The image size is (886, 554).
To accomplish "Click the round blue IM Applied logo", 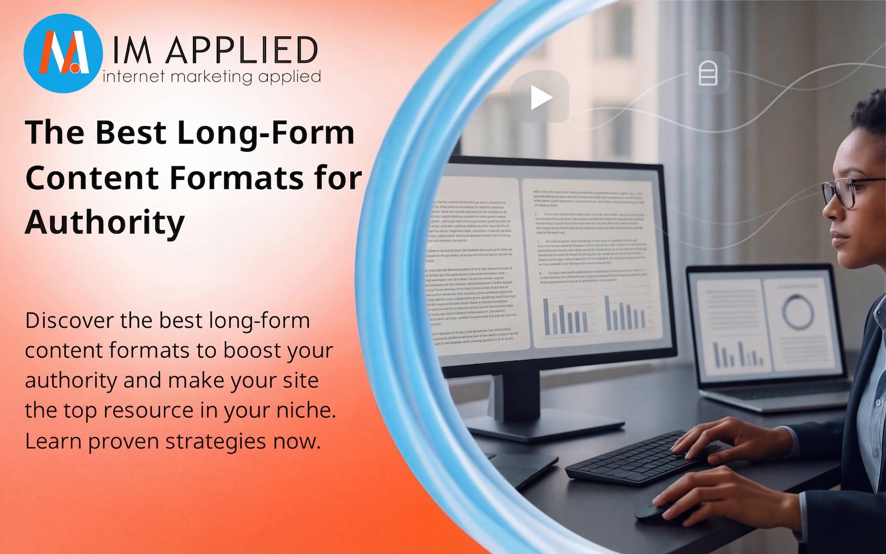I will pos(63,53).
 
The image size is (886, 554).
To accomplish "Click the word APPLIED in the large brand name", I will pos(241,50).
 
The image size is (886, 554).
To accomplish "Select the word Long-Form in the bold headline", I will pos(266,133).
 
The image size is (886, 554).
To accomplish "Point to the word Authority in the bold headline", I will pos(105,223).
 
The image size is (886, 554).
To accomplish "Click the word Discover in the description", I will pos(69,320).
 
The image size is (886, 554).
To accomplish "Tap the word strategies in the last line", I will pos(216,441).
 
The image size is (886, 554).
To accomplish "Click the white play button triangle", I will pos(541,97).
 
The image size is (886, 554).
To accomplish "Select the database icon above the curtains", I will pos(708,73).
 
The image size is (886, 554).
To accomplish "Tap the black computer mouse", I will pos(651,511).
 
